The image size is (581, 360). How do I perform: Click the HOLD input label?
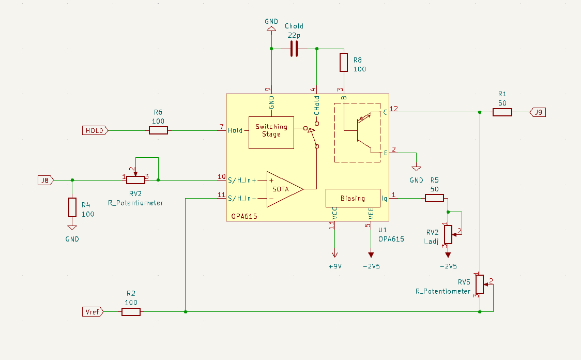(95, 130)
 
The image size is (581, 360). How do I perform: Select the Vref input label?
(93, 311)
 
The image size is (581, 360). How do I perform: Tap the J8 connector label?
(45, 180)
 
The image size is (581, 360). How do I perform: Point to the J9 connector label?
(538, 112)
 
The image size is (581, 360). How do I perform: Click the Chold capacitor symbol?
(294, 49)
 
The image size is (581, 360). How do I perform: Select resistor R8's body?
(344, 62)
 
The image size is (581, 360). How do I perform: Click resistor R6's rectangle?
(158, 130)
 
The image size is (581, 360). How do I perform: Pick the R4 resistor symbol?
(72, 207)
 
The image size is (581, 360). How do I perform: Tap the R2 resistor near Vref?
(131, 311)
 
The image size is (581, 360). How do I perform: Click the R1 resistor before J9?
(502, 112)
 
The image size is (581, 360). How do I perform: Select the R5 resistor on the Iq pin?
(434, 198)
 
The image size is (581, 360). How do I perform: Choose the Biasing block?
(353, 198)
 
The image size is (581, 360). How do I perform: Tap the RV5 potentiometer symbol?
(480, 284)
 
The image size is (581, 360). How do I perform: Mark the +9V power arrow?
(334, 254)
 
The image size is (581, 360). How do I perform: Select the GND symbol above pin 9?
(270, 31)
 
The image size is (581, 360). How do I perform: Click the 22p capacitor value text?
(294, 35)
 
